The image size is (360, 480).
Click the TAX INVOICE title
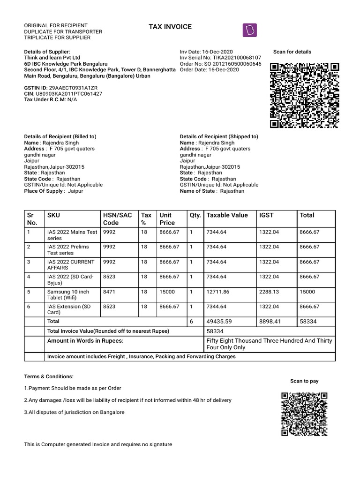[169, 27]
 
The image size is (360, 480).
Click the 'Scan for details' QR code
[304, 95]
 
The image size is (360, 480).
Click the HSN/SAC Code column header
[117, 219]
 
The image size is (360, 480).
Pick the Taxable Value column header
[227, 215]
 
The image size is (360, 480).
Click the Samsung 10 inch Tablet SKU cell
[68, 295]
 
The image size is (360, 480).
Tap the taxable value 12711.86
[218, 292]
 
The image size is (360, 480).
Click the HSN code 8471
[109, 292]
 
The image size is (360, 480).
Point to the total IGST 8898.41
[271, 322]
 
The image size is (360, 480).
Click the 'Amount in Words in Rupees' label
[85, 341]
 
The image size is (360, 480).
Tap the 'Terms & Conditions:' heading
[49, 376]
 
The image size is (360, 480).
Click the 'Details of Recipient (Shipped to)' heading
[219, 136]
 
